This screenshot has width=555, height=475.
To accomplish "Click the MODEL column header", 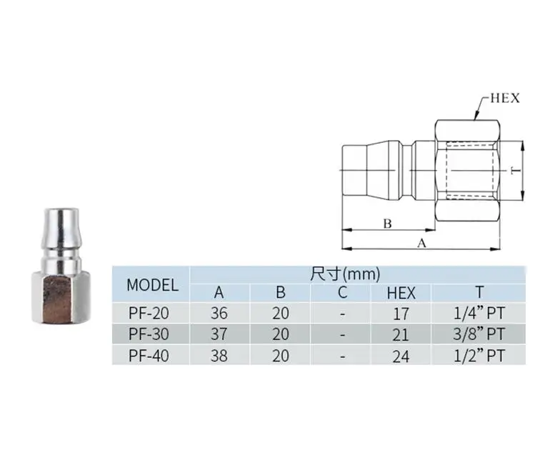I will (152, 285).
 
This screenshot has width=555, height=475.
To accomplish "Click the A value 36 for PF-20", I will (219, 313).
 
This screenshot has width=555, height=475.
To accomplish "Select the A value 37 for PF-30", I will (219, 334).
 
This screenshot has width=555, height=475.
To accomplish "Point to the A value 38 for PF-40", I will (219, 355).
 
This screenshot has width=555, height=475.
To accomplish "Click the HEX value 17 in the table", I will (401, 313).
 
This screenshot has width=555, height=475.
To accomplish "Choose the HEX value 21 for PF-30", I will (401, 334).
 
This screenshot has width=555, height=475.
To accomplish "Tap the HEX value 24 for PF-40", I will (401, 355).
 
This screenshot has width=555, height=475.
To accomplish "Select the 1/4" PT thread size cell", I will (479, 312).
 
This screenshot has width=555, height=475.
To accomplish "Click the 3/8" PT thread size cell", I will (479, 334).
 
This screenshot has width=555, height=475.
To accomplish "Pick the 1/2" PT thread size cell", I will (479, 354).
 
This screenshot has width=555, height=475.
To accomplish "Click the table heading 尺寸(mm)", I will (346, 274).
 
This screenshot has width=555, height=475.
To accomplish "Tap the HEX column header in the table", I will (401, 292).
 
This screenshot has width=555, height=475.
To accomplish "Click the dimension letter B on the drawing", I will (387, 224).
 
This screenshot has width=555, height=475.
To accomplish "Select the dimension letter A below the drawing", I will (421, 243).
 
